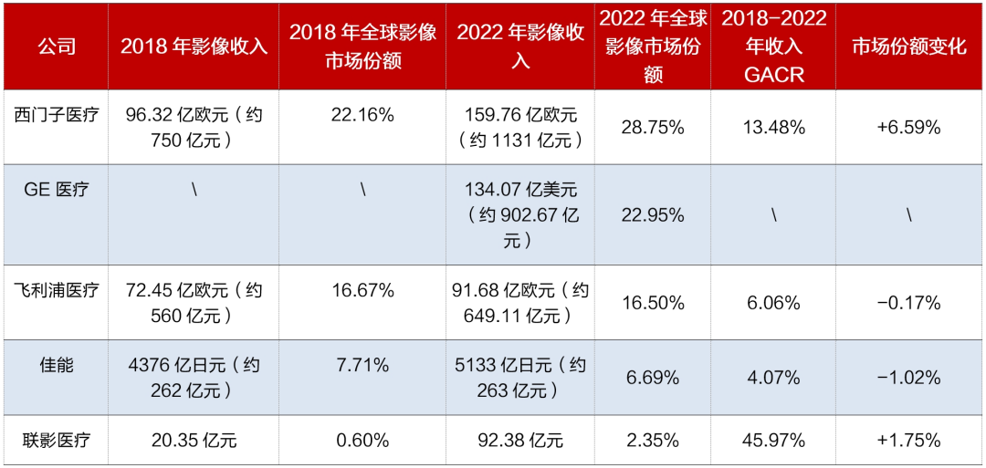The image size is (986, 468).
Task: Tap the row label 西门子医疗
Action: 56,115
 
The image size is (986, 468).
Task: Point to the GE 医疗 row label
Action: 56,189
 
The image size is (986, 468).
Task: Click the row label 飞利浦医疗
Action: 56,290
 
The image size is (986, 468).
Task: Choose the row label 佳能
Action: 56,364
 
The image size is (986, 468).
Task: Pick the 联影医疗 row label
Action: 56,440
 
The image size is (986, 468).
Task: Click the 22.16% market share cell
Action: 362,115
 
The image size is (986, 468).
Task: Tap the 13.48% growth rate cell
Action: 774,128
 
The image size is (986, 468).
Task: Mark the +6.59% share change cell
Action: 909,128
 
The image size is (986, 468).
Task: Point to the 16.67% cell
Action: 362,291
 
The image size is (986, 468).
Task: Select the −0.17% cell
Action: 909,304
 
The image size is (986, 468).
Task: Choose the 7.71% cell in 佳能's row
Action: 362,364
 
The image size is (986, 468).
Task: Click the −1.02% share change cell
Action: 909,379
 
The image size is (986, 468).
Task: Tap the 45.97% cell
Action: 774,440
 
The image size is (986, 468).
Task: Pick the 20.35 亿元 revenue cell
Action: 194,440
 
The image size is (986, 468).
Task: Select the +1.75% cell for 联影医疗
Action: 909,440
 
